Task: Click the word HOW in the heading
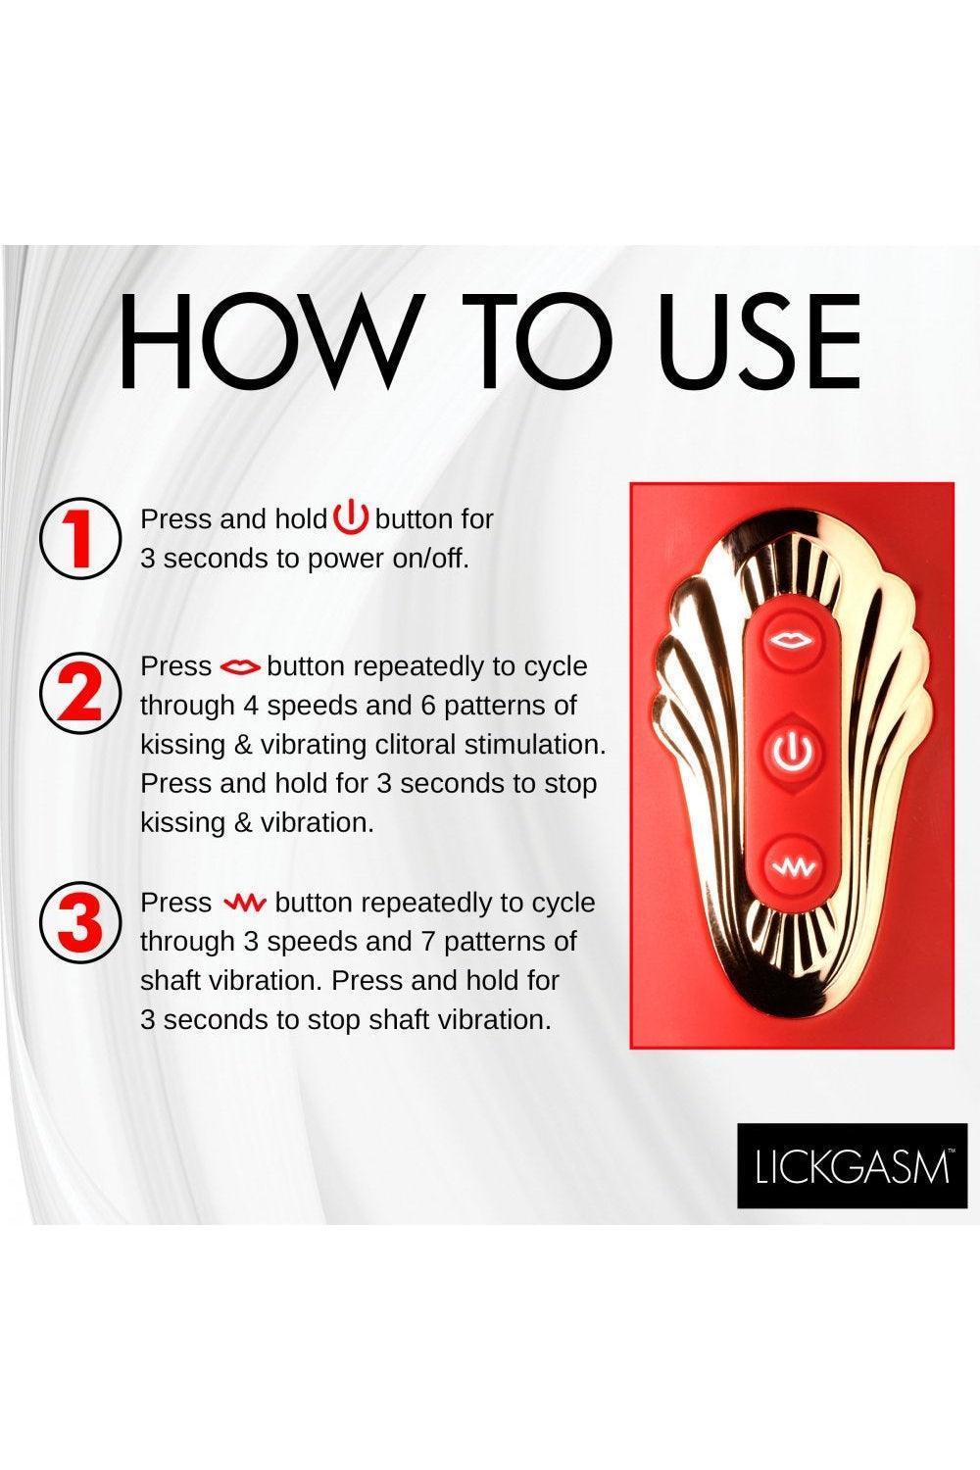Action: (x=269, y=340)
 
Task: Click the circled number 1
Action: (x=80, y=538)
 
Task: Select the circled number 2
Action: (x=80, y=693)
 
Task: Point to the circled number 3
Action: (x=80, y=922)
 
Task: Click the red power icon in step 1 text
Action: (x=352, y=517)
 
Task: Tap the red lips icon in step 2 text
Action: (x=240, y=667)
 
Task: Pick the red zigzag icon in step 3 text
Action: (x=244, y=904)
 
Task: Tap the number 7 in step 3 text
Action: (x=427, y=942)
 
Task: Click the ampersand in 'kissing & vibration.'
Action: (x=243, y=822)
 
